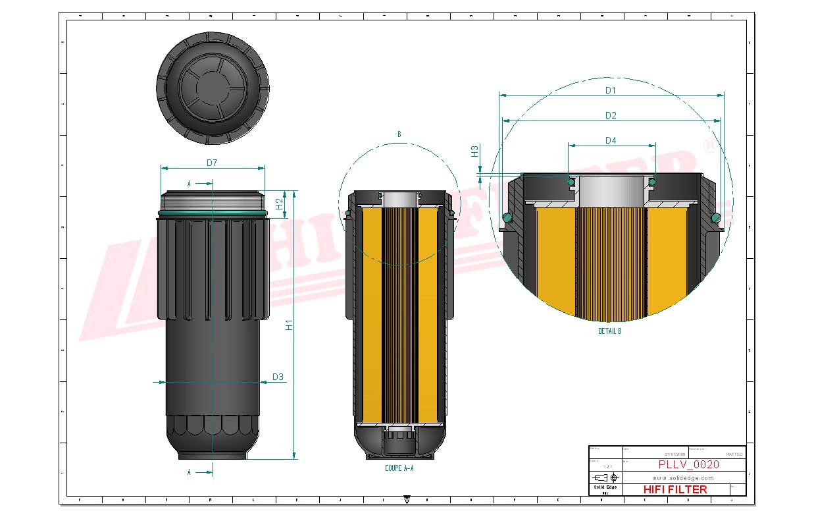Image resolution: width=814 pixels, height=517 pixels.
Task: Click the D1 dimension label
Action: pos(610,90)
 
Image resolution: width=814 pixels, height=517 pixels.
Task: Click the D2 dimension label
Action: pos(610,115)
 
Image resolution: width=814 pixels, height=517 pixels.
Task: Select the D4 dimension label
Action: pos(610,140)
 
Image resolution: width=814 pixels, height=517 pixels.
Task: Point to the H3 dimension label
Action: pos(474,151)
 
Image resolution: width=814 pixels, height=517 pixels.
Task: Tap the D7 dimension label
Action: pos(212,162)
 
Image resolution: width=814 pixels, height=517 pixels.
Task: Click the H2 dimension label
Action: pos(279,204)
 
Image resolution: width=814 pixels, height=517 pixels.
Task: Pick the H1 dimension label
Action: pos(288,325)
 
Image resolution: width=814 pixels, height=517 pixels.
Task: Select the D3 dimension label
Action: pos(278,377)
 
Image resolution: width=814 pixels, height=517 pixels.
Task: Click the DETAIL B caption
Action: pos(609,331)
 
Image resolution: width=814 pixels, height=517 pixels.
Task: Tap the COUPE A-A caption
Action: pos(399,468)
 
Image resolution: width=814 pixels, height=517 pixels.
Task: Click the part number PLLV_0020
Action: pos(688,464)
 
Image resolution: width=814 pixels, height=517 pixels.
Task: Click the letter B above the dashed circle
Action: pos(399,134)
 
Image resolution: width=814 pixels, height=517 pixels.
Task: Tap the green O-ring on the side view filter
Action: pos(212,213)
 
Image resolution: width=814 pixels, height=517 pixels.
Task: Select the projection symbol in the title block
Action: pos(605,477)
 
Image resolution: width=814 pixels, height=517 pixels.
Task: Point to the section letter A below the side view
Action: pos(190,472)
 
